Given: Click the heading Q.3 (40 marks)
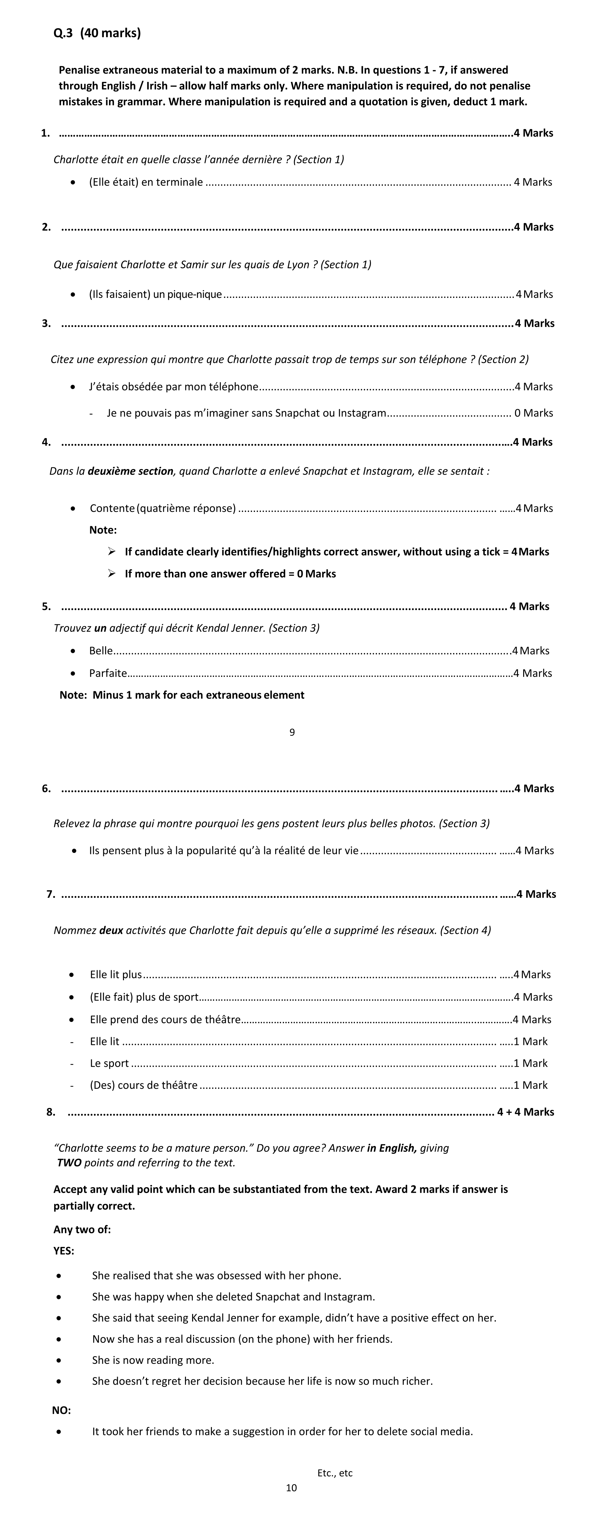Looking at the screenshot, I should [x=97, y=33].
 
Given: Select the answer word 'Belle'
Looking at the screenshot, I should [x=101, y=650].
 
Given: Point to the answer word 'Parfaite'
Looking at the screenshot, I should [x=108, y=673].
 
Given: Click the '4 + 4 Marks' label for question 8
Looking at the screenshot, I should [x=525, y=1112].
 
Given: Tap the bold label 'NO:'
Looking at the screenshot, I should [x=62, y=1410].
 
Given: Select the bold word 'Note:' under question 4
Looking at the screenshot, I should [x=103, y=529].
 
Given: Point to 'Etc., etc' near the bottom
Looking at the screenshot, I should [x=335, y=1473].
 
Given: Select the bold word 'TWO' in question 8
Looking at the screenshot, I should [x=69, y=1162].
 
